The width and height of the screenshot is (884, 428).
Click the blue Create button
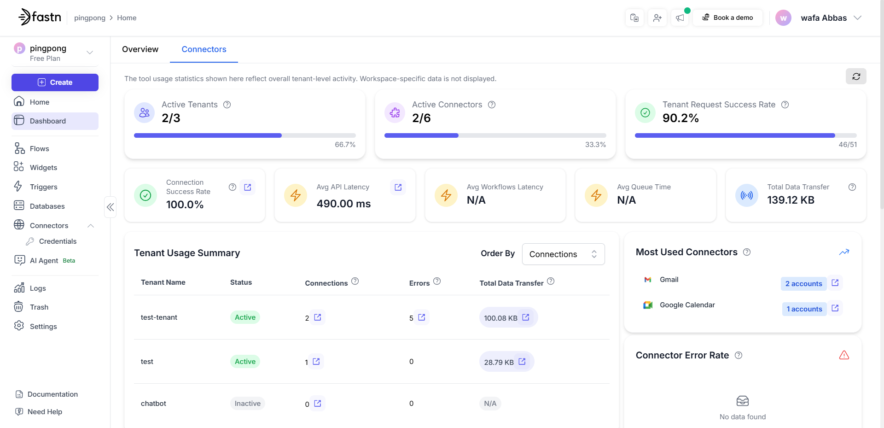point(55,82)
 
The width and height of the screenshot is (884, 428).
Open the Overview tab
point(140,49)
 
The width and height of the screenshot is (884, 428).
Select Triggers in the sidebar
point(43,187)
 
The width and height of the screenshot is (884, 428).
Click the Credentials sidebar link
point(58,241)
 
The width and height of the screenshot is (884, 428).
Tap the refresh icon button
point(856,76)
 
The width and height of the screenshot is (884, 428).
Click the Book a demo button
point(727,18)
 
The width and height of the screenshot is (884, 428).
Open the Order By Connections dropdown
point(563,254)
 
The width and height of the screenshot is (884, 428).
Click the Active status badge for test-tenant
point(245,317)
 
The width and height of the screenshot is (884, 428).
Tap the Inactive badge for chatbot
point(247,404)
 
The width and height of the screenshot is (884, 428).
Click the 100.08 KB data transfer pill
point(501,318)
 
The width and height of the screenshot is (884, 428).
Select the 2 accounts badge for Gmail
point(803,284)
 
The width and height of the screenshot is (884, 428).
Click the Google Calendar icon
point(648,305)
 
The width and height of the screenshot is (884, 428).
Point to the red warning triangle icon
point(844,355)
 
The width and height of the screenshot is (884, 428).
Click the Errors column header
point(419,283)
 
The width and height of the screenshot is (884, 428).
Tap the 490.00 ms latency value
point(343,204)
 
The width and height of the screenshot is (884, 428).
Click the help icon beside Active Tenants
point(227,105)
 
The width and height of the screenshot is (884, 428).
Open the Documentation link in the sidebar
point(52,394)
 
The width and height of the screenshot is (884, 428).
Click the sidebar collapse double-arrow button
point(110,207)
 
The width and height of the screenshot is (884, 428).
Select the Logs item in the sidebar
point(38,288)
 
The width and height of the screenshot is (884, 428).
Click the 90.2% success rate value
point(680,118)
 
